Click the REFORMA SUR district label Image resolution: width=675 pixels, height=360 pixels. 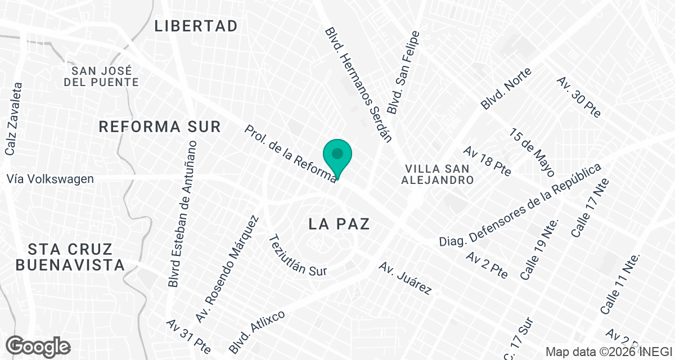pyautogui.click(x=160, y=127)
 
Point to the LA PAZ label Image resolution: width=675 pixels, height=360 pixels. pyautogui.click(x=339, y=224)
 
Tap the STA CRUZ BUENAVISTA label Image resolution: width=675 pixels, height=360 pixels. pyautogui.click(x=70, y=257)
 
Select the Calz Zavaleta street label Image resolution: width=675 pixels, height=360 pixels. pyautogui.click(x=13, y=119)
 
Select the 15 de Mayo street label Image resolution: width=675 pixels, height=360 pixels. pyautogui.click(x=532, y=152)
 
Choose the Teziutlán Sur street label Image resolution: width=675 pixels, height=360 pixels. pyautogui.click(x=298, y=255)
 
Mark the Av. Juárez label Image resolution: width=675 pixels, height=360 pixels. pyautogui.click(x=405, y=278)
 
